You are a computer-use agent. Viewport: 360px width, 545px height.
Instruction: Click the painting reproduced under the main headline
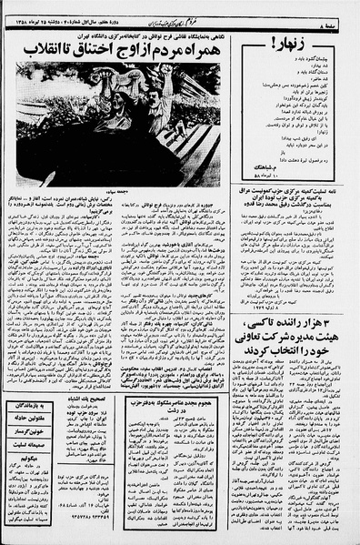pos(118,122)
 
